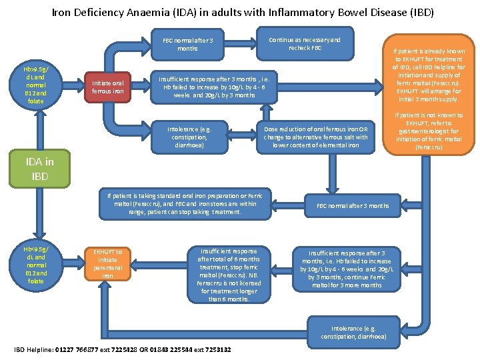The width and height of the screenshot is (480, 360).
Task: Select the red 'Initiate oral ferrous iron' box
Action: pos(107,87)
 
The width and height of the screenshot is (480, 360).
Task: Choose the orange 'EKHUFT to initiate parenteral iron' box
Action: pos(107,263)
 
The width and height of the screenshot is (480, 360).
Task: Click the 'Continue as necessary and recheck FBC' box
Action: pos(305,44)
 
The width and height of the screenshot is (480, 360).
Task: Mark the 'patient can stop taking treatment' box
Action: pos(185,203)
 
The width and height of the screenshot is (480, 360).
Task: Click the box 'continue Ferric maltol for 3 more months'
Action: pos(347,269)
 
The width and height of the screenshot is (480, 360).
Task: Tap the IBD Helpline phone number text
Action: pos(122,350)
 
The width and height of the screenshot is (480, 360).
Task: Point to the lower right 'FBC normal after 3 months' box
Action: pos(353,205)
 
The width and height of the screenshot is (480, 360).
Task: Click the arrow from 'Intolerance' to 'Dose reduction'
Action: pos(245,137)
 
